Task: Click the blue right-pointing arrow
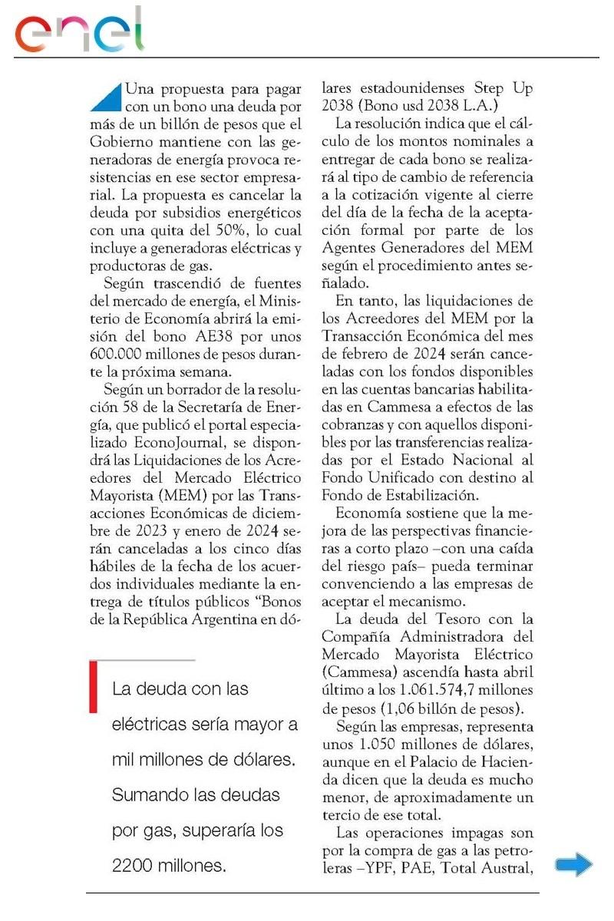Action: (x=573, y=865)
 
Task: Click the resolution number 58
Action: (x=140, y=409)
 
